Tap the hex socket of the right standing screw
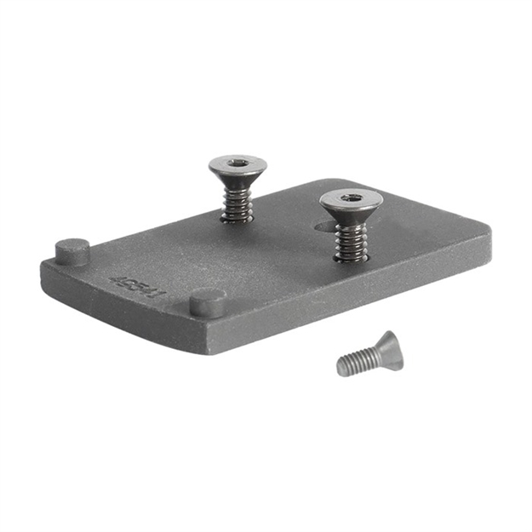351,198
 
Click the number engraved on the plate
137,286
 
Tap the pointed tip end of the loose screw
340,369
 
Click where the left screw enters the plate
236,218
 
